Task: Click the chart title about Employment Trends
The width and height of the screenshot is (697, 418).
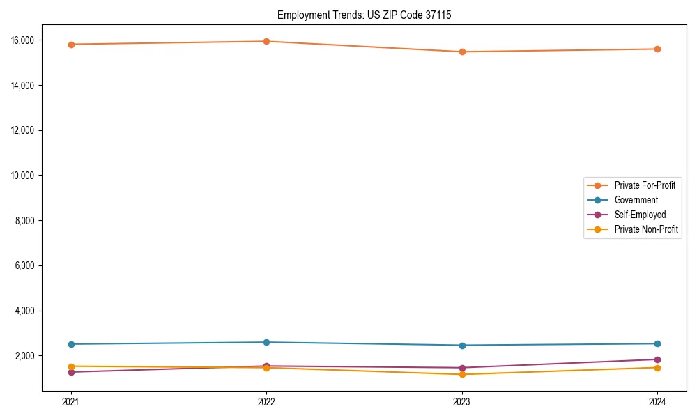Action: click(364, 15)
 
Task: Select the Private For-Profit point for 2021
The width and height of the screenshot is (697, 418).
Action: click(70, 45)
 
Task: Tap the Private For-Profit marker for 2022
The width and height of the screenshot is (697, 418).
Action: click(266, 41)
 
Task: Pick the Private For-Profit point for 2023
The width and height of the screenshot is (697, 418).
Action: click(462, 52)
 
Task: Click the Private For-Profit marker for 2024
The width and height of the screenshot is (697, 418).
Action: click(657, 49)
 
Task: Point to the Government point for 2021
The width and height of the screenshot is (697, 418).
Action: click(70, 344)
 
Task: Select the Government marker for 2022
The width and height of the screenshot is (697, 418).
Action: click(266, 342)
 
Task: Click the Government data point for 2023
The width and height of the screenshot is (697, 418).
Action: click(462, 346)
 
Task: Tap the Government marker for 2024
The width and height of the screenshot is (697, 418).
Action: click(657, 343)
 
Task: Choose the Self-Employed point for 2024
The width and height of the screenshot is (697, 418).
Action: click(657, 359)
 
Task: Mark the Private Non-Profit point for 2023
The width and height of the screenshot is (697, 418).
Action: click(462, 375)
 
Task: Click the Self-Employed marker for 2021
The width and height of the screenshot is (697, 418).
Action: click(70, 372)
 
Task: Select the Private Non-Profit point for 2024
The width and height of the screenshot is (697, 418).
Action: click(657, 368)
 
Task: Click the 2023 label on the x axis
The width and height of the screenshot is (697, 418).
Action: click(462, 402)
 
